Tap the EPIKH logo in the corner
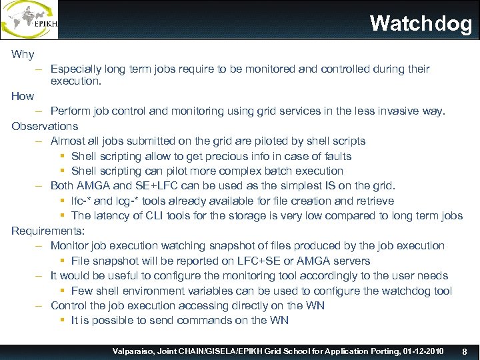[x=29, y=19]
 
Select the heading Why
[x=23, y=54]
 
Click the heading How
[x=23, y=96]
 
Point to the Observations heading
[x=45, y=126]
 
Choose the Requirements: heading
[x=48, y=231]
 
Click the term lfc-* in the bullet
[x=84, y=201]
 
